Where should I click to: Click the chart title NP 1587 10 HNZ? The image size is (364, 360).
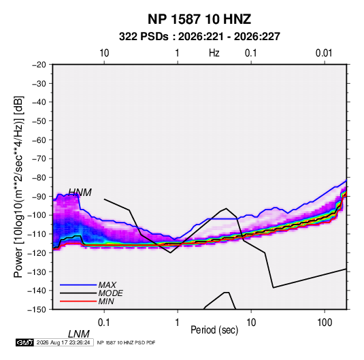click(x=199, y=19)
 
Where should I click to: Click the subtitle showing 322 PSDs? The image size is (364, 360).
click(x=199, y=37)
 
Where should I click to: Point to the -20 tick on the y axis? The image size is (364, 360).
click(x=39, y=65)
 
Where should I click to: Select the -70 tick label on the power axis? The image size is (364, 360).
click(x=39, y=159)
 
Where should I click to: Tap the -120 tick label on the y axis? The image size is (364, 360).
click(x=37, y=252)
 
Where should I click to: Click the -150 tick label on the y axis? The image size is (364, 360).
click(x=37, y=310)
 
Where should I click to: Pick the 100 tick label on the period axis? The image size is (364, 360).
click(x=325, y=323)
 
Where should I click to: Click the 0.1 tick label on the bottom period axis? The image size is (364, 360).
click(x=104, y=323)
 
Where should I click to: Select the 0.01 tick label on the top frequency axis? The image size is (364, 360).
click(x=324, y=53)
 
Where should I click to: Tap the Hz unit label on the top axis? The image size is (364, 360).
click(x=214, y=53)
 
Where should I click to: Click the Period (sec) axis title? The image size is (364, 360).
click(x=214, y=330)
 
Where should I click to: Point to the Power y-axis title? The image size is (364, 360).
click(x=18, y=187)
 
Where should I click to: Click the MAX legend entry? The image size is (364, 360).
click(x=107, y=285)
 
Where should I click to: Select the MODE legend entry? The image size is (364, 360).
click(x=110, y=293)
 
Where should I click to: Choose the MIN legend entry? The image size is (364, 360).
click(x=106, y=301)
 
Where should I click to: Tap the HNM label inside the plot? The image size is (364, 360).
click(x=80, y=193)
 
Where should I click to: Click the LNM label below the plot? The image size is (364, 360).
click(x=79, y=334)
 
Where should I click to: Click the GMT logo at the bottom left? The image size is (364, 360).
click(x=24, y=342)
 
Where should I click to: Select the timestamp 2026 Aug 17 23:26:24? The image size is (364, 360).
click(x=63, y=342)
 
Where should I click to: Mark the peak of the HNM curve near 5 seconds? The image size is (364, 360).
click(x=226, y=208)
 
